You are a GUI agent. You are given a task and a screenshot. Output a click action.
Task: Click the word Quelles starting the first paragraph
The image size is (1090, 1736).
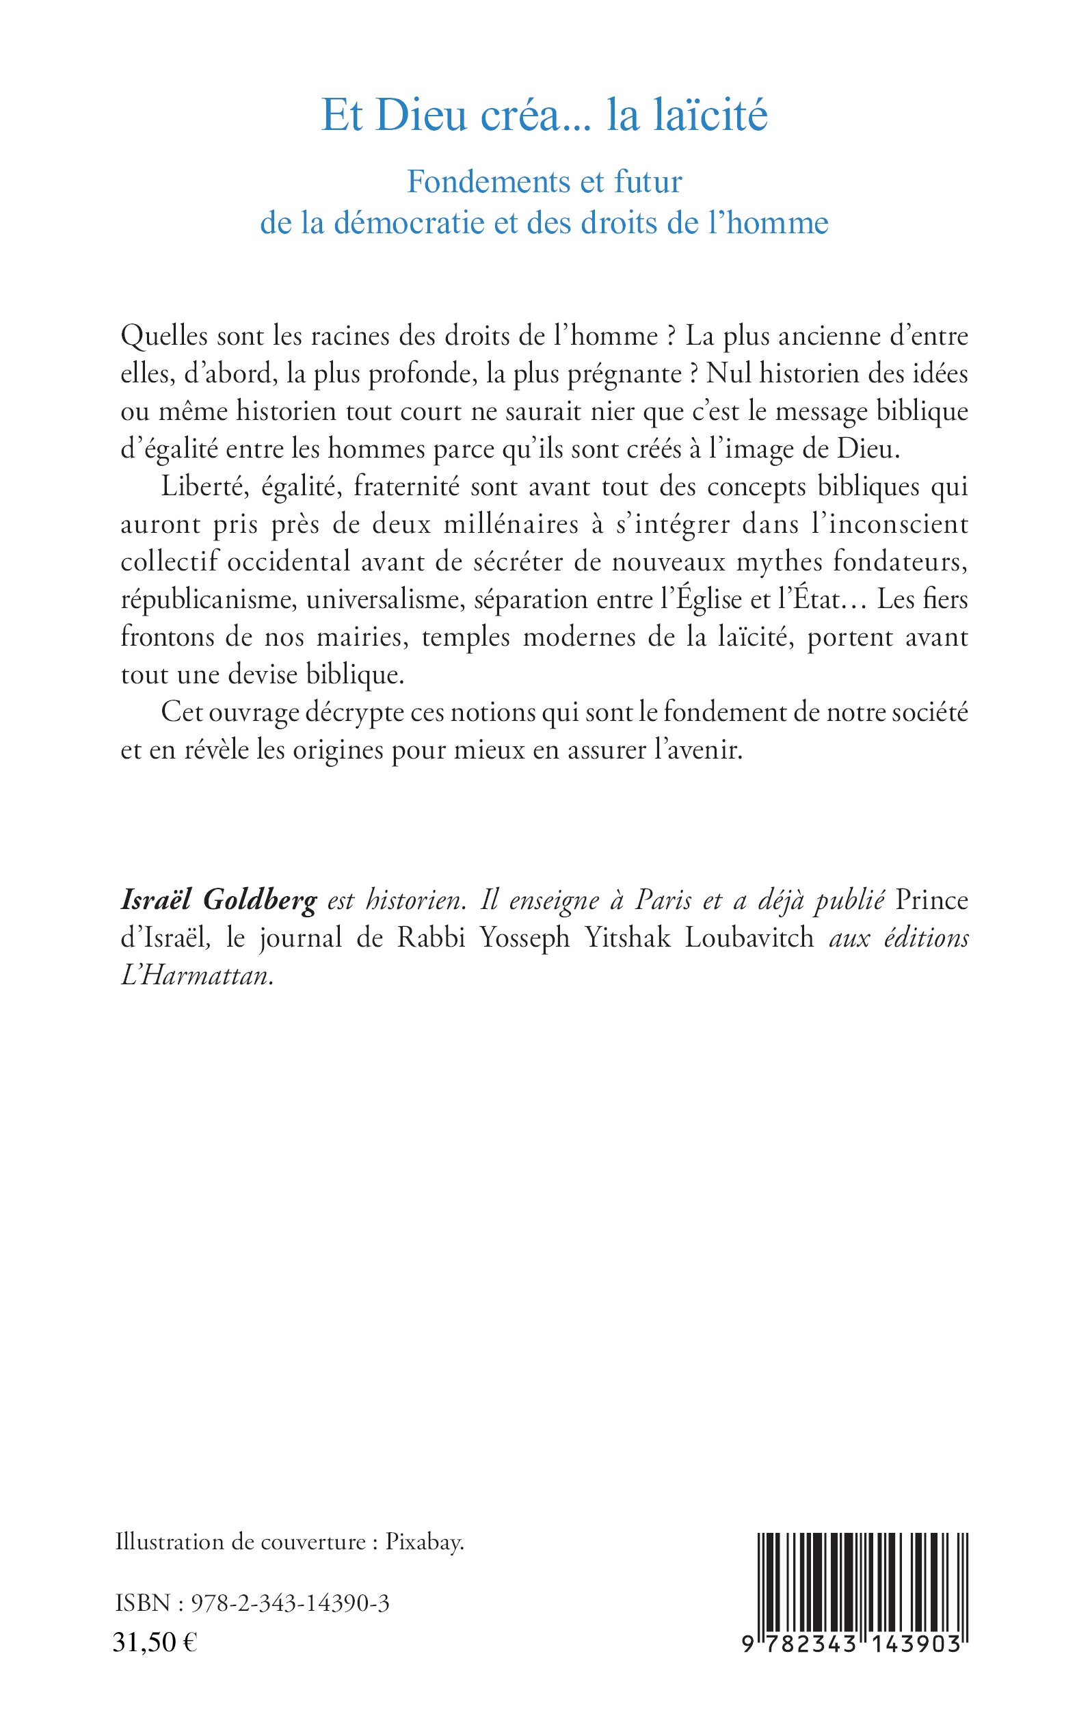click(x=164, y=336)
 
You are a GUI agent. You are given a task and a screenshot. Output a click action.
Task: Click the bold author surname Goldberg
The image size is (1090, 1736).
click(x=261, y=900)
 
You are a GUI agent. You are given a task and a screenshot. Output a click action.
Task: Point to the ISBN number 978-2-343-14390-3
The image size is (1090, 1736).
click(x=290, y=1603)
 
